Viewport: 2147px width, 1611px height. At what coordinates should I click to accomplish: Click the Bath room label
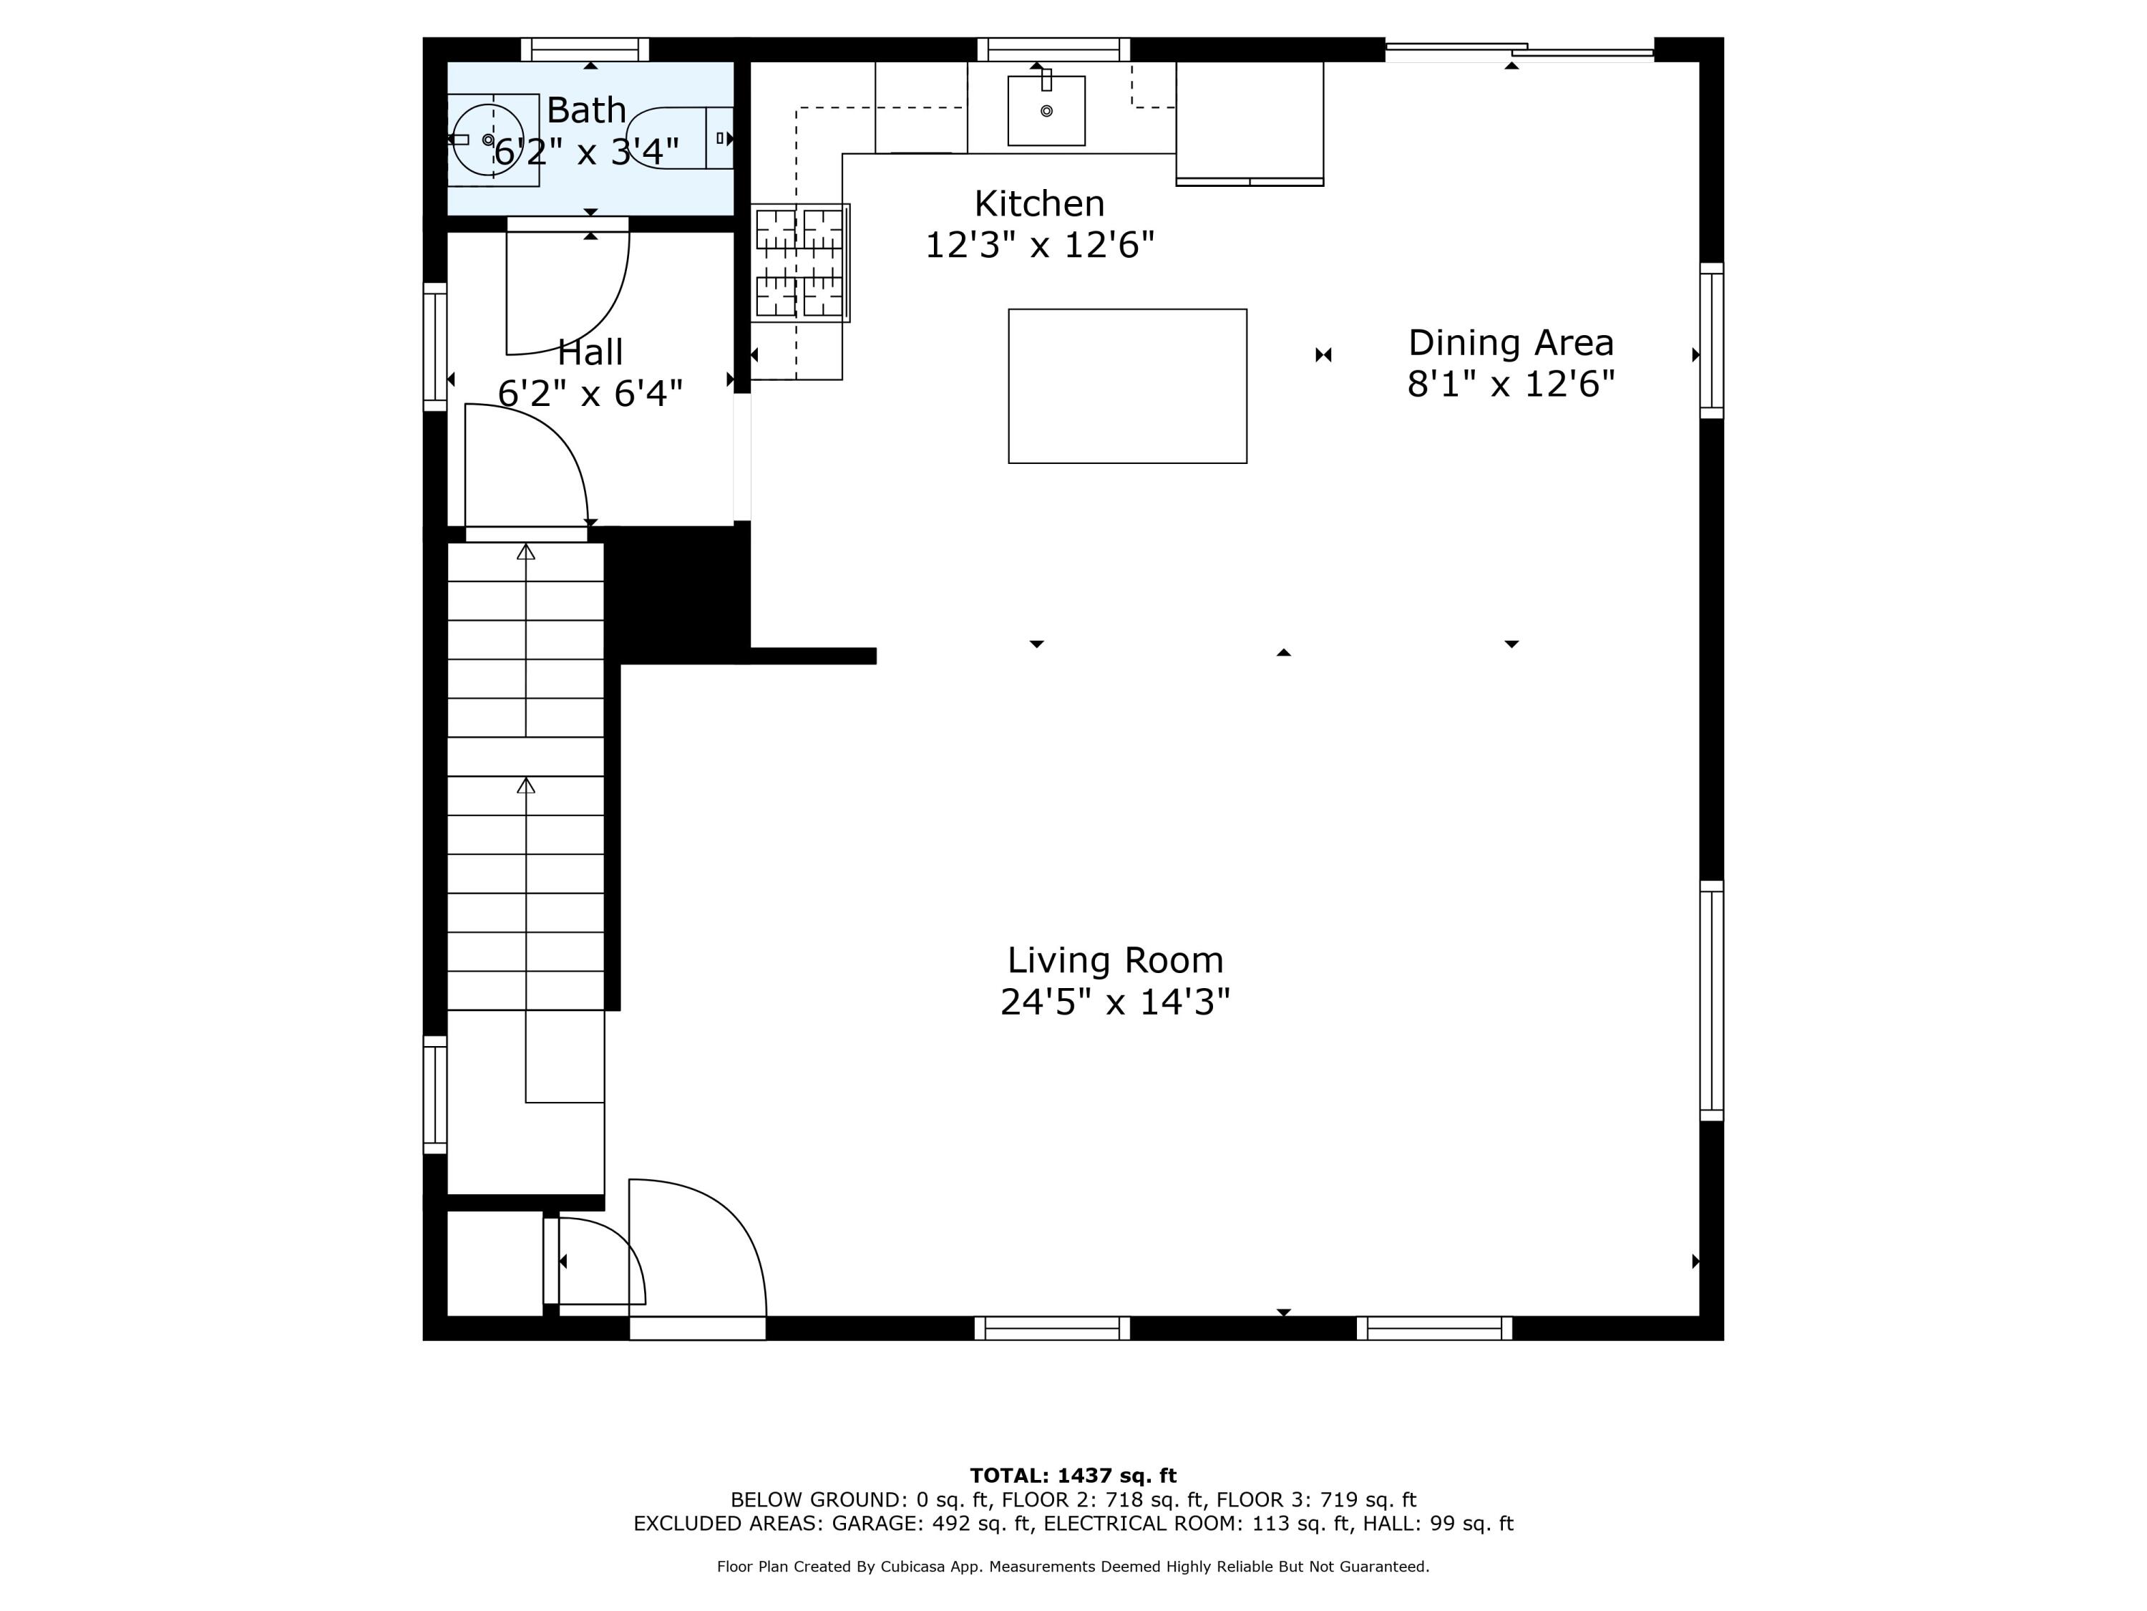click(x=585, y=110)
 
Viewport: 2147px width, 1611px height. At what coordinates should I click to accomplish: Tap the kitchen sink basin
click(x=1046, y=111)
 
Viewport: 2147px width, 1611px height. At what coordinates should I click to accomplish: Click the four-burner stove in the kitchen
click(x=800, y=262)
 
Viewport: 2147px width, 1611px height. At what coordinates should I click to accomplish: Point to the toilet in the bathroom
click(x=679, y=138)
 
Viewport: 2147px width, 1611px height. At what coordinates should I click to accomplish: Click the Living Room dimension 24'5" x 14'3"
click(x=1114, y=1001)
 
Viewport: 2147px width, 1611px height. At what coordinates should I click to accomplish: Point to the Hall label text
click(x=590, y=352)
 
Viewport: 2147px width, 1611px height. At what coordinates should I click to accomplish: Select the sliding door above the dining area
click(x=1519, y=51)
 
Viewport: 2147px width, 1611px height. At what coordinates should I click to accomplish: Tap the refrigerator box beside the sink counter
click(x=1249, y=122)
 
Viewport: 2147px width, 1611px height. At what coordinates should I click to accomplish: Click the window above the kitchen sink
click(x=1053, y=49)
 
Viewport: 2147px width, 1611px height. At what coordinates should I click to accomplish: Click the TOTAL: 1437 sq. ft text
click(x=1073, y=1476)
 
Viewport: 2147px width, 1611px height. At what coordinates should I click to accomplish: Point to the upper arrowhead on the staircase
click(x=526, y=551)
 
